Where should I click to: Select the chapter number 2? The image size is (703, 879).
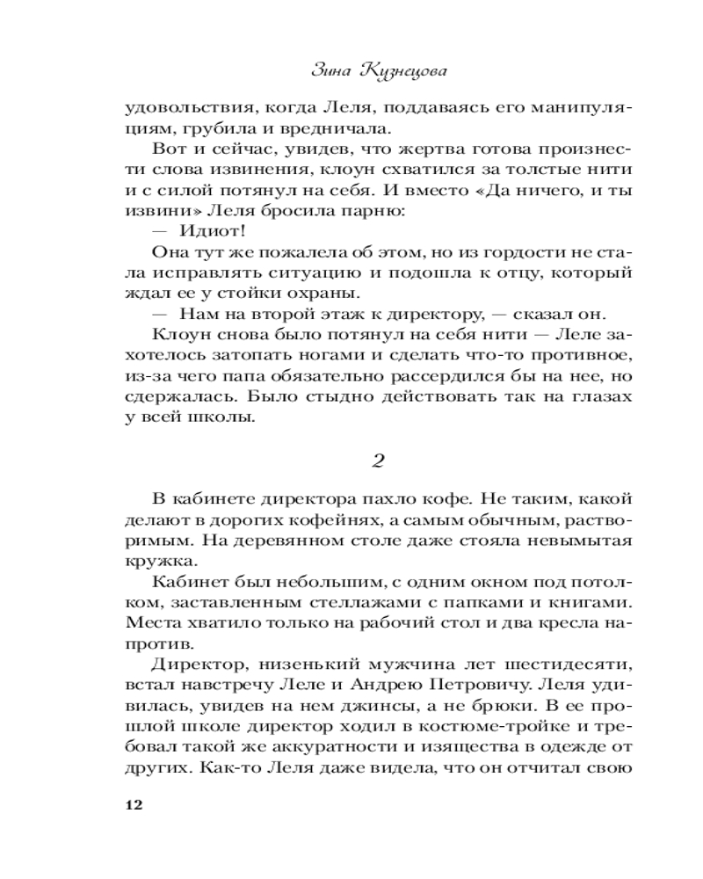coord(380,460)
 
